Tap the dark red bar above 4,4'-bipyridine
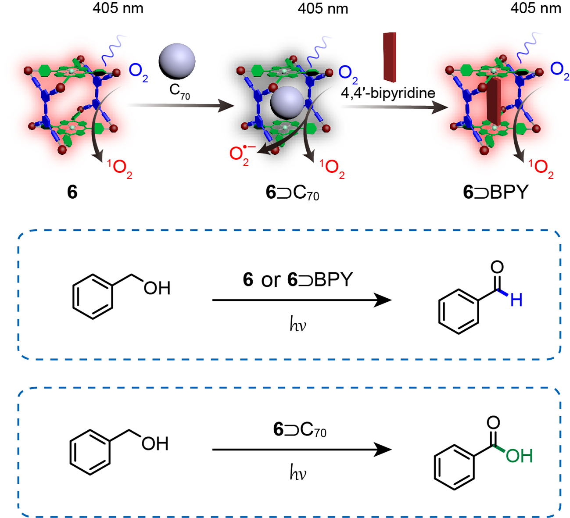(390, 57)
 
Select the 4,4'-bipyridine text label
(388, 93)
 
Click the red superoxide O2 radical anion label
(240, 155)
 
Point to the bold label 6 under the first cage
(72, 192)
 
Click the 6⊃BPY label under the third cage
(495, 192)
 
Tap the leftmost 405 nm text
(118, 8)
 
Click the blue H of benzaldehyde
(516, 300)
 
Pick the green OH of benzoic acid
(519, 456)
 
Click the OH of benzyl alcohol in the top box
(157, 288)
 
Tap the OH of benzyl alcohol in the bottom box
(155, 443)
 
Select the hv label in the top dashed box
(298, 325)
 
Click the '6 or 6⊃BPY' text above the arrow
(298, 280)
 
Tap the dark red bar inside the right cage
(494, 100)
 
